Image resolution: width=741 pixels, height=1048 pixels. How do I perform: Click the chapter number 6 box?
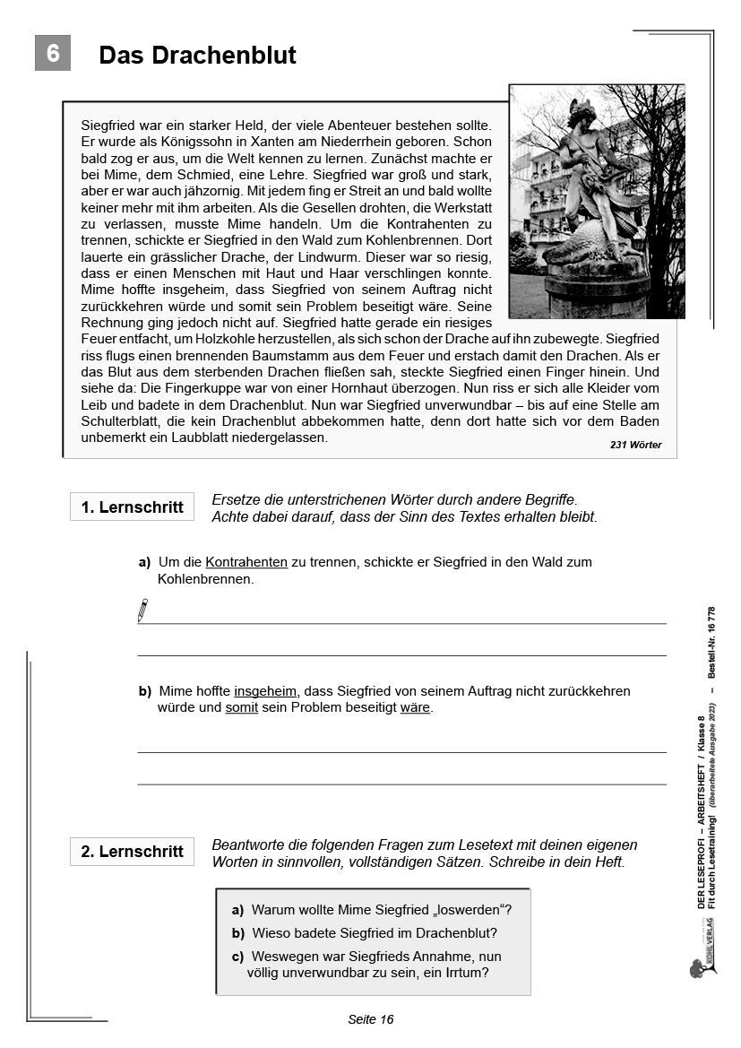(52, 54)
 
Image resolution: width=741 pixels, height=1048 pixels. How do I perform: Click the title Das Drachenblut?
(197, 56)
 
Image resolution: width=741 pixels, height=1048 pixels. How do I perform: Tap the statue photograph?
(597, 201)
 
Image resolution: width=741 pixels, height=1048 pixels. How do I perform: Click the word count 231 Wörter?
(636, 445)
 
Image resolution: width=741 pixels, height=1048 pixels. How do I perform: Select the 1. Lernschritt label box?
(132, 507)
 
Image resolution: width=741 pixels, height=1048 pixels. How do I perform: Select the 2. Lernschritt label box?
(132, 852)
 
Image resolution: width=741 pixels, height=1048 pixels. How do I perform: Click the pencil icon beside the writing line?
(142, 611)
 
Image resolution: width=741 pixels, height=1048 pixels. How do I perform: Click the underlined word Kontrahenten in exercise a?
(246, 562)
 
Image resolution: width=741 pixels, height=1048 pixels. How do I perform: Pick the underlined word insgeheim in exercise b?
(265, 691)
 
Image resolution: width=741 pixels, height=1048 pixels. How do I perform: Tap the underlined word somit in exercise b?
(241, 707)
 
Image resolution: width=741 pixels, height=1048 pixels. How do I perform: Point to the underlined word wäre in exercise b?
(415, 707)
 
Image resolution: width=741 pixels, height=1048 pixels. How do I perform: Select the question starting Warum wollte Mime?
(381, 909)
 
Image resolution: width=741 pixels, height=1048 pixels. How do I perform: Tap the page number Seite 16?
(370, 1019)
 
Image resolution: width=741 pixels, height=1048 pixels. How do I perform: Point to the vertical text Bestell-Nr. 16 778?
(712, 640)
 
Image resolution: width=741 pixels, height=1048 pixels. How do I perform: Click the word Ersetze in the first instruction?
(237, 499)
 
